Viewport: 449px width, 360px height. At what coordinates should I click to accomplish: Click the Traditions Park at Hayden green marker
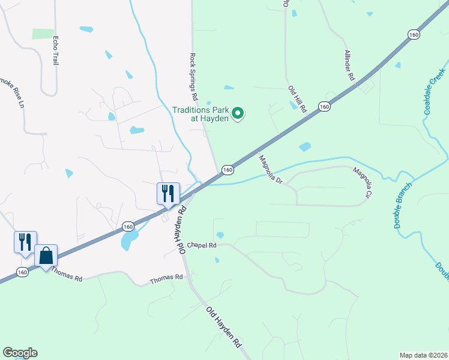(x=238, y=113)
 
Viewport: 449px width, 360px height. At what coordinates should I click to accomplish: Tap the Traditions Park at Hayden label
(x=200, y=114)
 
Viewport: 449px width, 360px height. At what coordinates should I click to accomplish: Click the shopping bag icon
(x=46, y=256)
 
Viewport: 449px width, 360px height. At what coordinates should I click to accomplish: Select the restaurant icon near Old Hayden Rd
(x=168, y=194)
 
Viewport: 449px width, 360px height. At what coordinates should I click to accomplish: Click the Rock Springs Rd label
(x=193, y=76)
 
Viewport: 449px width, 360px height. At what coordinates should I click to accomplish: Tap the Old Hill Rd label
(x=296, y=99)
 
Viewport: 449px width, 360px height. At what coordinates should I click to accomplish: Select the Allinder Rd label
(x=349, y=70)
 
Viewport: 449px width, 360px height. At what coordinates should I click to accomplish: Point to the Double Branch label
(x=406, y=205)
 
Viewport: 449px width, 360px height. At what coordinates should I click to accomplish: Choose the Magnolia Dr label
(x=271, y=170)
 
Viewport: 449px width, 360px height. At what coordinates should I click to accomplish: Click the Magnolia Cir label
(x=363, y=183)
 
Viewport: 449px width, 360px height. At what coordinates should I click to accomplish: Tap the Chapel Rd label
(x=200, y=245)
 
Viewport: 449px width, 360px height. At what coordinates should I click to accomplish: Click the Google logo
(x=20, y=353)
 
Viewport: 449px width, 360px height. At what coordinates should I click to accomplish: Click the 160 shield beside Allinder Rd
(x=414, y=35)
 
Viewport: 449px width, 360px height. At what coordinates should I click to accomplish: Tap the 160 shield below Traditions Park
(x=228, y=170)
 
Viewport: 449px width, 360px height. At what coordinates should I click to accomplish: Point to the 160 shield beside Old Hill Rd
(x=324, y=107)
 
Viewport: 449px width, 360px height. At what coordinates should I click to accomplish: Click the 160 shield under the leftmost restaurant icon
(x=22, y=272)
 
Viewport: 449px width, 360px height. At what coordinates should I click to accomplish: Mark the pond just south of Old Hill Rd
(x=305, y=146)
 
